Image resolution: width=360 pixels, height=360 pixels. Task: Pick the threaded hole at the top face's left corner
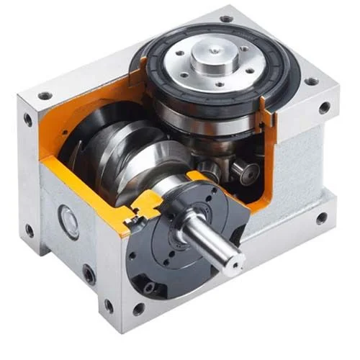(45, 95)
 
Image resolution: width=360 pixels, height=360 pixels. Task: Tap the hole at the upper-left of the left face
(28, 120)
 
